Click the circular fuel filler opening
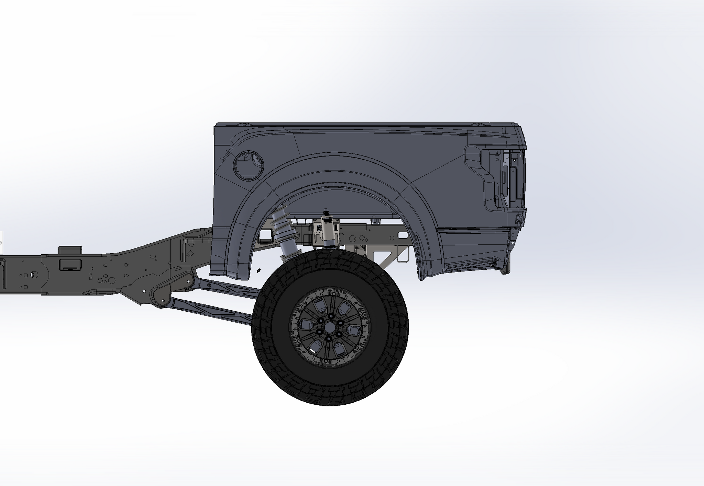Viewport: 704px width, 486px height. click(248, 165)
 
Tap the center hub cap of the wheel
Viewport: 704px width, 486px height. click(329, 327)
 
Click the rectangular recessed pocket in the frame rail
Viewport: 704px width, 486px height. click(70, 265)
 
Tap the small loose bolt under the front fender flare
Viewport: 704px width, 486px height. click(259, 271)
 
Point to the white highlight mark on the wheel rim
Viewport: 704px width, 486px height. click(313, 350)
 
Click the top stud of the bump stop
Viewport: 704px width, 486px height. click(325, 210)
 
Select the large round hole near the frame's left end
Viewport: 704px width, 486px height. click(33, 275)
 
